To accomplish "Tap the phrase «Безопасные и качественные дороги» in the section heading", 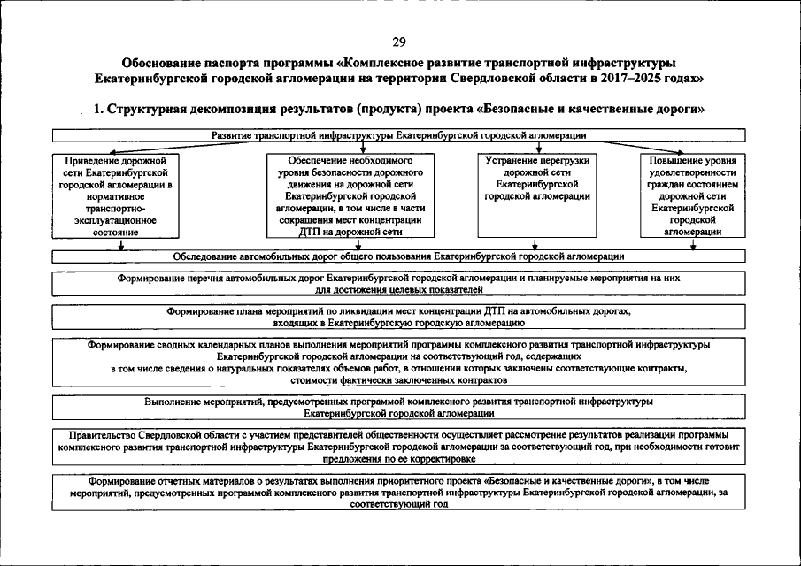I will pyautogui.click(x=591, y=109).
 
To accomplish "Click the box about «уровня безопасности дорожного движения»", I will pyautogui.click(x=350, y=195).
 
